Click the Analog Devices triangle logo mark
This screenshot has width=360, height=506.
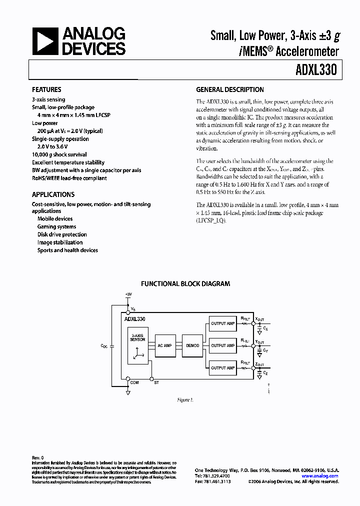point(44,41)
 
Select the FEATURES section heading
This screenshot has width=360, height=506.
point(46,90)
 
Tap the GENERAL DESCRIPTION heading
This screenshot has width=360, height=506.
point(229,90)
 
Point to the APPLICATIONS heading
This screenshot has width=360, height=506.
point(53,194)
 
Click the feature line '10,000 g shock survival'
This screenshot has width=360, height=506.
point(59,154)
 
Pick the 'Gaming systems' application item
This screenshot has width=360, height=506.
point(56,226)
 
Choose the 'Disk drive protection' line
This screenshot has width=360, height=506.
point(62,234)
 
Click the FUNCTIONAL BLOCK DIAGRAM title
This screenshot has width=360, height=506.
point(185,283)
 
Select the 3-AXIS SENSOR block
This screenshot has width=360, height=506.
point(137,338)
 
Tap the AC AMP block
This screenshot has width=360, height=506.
point(164,345)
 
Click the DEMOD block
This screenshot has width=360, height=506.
point(192,345)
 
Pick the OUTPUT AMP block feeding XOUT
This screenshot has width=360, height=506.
point(222,323)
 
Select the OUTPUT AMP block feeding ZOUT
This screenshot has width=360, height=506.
point(222,368)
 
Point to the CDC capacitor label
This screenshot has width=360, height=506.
point(103,345)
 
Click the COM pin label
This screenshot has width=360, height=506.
point(134,382)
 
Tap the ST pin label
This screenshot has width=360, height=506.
point(156,382)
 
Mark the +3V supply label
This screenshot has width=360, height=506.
point(128,294)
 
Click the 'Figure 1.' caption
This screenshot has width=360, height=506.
point(185,400)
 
